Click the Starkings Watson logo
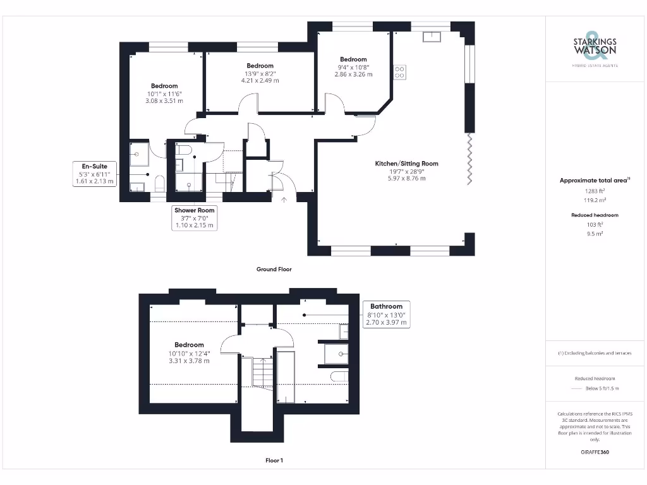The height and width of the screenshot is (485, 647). coord(594,48)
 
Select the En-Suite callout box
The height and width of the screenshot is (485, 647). coord(94,174)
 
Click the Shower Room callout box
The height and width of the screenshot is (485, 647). coord(195,217)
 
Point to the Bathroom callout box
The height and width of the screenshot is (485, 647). coord(386,314)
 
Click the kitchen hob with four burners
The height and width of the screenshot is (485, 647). coord(400,72)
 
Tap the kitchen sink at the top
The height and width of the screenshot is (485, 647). coord(433,36)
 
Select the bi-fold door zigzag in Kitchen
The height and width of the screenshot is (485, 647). coord(468,158)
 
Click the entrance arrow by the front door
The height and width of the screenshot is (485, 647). coord(283,200)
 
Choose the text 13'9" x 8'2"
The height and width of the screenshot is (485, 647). coord(260,73)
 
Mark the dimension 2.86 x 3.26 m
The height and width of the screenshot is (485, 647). coord(353,75)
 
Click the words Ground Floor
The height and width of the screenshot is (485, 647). coord(274,269)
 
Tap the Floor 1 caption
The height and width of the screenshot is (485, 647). coord(274,460)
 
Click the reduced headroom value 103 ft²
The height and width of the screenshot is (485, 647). coord(594,224)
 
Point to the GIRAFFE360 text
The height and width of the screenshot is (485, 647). coord(594,452)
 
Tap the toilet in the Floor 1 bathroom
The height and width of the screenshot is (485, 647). coord(339,377)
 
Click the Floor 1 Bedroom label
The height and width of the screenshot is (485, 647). coord(189,345)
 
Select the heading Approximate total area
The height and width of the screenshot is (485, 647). coord(594,181)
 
